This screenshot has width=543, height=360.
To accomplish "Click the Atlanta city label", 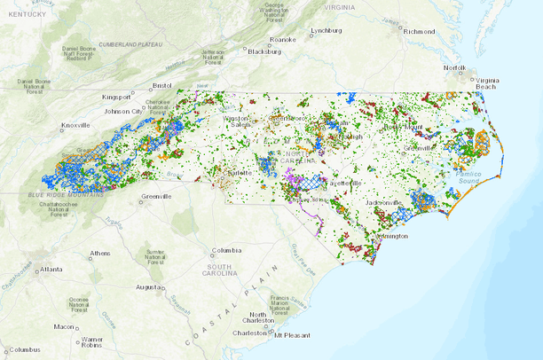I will pos(51,269).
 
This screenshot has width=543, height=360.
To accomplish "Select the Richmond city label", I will pos(419,31).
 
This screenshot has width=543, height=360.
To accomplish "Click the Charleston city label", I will pos(248,333).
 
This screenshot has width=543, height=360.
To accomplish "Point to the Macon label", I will pos(64,326).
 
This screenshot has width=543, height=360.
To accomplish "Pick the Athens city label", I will pos(100,254).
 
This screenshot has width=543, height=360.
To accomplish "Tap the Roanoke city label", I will pos(283,39).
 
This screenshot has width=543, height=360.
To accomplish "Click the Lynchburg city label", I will pos(326,30).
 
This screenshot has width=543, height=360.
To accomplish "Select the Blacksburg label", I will pos(264,51).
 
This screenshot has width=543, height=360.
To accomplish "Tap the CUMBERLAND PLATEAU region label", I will pos(131,43).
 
